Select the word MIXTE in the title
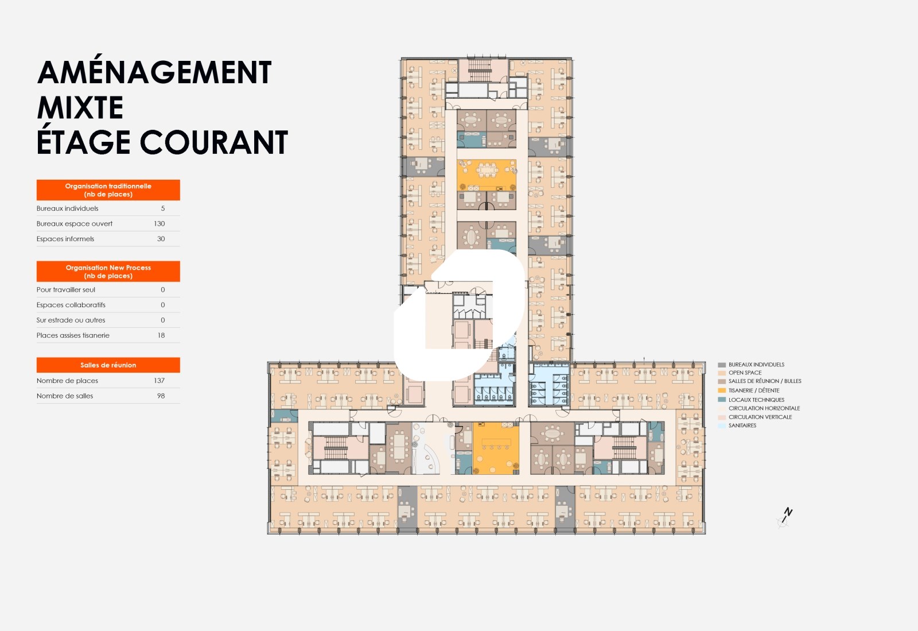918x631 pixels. pos(80,107)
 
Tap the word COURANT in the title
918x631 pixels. pos(214,142)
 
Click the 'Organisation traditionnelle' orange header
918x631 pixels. pos(108,190)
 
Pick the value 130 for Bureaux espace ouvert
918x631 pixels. pos(159,223)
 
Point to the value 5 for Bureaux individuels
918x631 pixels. pos(163,208)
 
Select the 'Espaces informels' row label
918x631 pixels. pos(65,239)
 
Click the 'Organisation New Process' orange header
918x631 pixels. pos(108,272)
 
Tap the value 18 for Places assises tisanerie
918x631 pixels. pos(161,335)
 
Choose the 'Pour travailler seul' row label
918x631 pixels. pos(65,289)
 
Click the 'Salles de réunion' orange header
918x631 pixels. pos(108,365)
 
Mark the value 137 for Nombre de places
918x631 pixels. pos(159,381)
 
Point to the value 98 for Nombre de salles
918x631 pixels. pos(161,396)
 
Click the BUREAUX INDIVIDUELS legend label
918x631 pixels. pos(756,365)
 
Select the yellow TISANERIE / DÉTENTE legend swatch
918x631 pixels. pos(722,390)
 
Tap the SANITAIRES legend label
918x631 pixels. pos(742,425)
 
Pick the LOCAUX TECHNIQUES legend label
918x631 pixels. pos(756,400)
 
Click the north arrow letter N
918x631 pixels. pos(788,512)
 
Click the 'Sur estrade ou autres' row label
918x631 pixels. pos(71,320)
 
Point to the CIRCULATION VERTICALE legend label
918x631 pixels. pos(760,417)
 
